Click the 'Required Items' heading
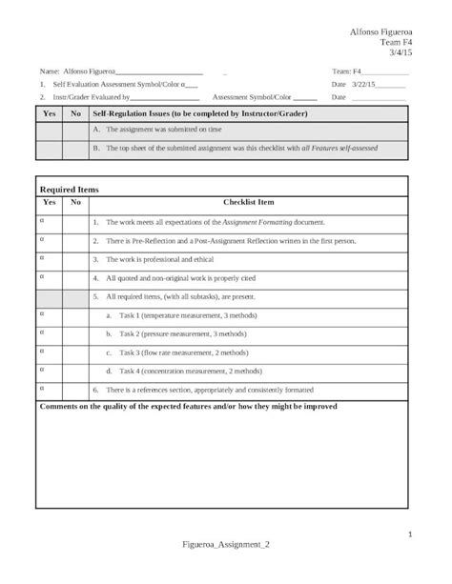point(70,190)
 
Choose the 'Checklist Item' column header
point(249,203)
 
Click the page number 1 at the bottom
point(408,534)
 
